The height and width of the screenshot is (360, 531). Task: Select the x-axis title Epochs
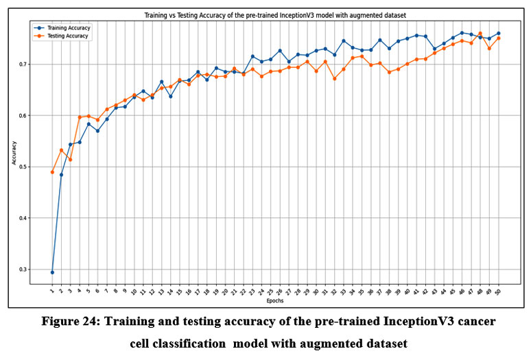274,301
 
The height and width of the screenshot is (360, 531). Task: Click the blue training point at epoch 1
52,272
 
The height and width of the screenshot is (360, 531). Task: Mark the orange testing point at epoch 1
52,172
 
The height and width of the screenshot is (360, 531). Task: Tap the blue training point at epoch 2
61,174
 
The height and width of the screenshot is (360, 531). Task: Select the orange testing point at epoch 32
334,78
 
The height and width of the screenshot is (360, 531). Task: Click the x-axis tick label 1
51,291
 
